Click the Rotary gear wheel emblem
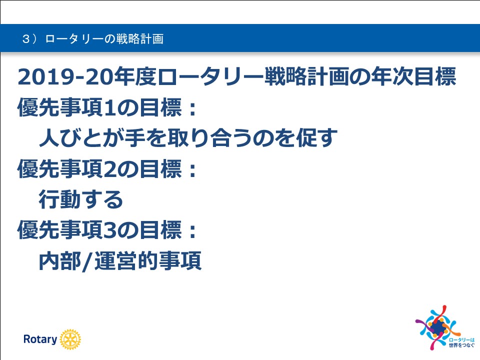point(70,339)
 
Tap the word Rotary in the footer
point(40,339)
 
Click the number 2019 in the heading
point(46,77)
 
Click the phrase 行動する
point(81,199)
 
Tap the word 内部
point(60,261)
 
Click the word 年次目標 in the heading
point(413,76)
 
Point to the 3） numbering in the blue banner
point(29,39)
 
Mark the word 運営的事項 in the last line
point(148,261)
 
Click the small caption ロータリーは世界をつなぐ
point(461,342)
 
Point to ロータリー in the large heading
point(211,76)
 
